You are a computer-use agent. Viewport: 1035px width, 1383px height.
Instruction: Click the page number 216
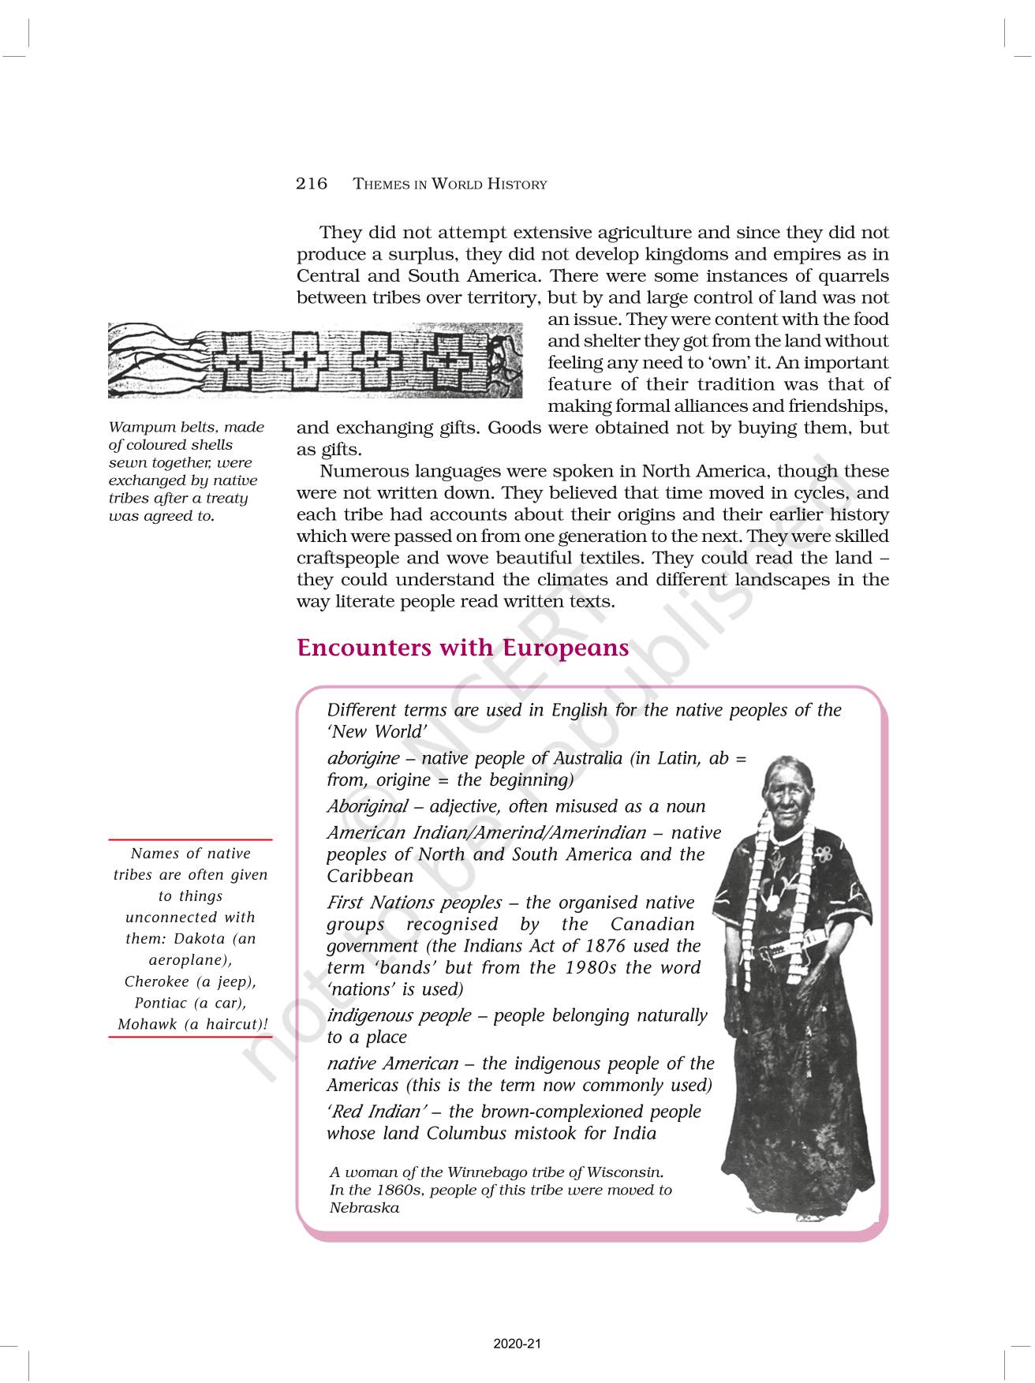coord(311,184)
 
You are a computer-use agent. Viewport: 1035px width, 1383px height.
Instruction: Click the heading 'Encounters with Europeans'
coord(462,648)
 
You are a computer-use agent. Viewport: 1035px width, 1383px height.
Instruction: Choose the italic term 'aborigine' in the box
coord(363,758)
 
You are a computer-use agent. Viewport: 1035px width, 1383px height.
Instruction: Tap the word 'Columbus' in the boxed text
coord(466,1134)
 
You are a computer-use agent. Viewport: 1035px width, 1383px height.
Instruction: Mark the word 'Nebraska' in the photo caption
coord(364,1208)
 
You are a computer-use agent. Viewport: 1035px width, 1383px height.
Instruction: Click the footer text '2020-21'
coord(517,1344)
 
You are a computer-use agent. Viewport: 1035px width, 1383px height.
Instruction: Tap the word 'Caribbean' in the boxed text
coord(370,877)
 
